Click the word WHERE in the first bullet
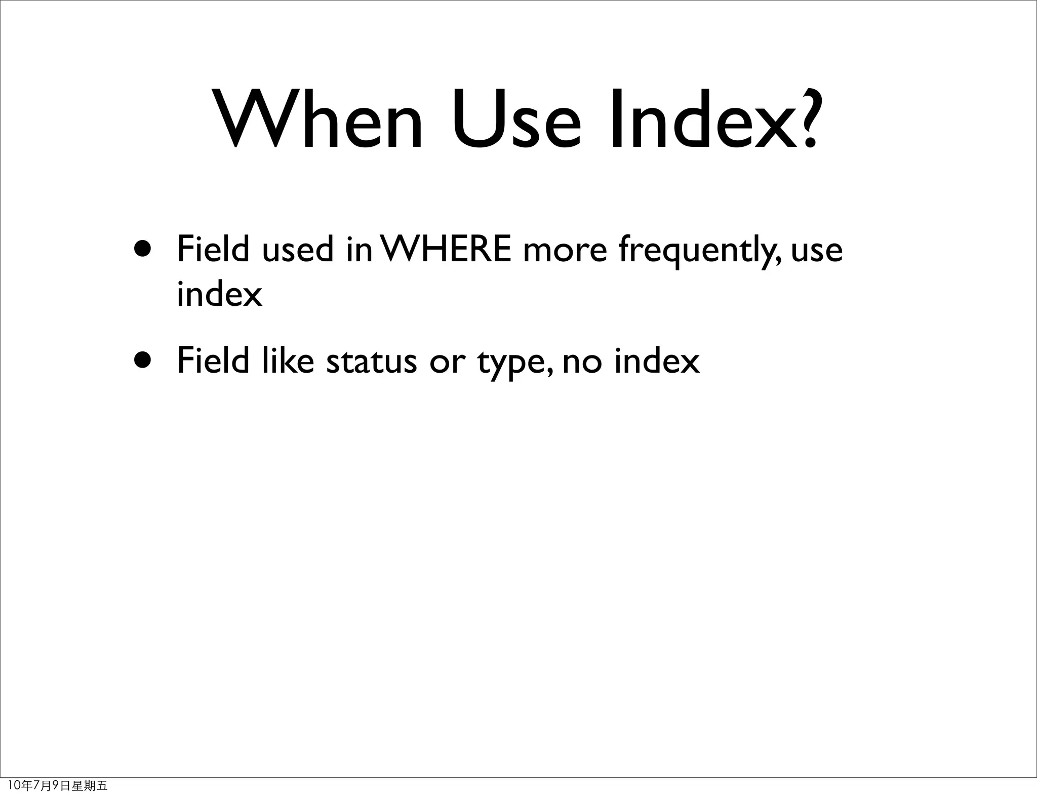click(445, 249)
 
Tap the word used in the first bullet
click(298, 249)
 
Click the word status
click(372, 362)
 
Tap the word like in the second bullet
click(288, 361)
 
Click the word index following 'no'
click(657, 361)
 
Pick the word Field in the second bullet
click(213, 361)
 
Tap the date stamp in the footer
click(58, 785)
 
